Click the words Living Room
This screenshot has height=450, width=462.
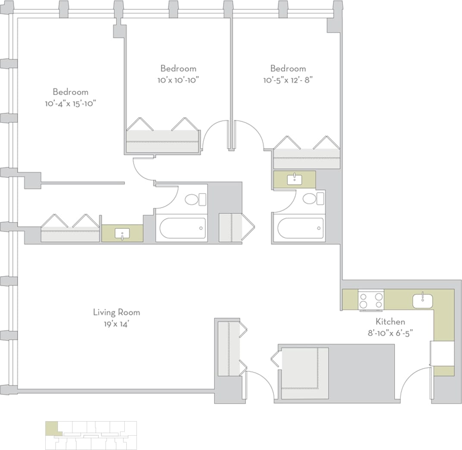click(116, 312)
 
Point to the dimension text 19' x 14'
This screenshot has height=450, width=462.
click(116, 323)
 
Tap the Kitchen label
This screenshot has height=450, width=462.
click(390, 322)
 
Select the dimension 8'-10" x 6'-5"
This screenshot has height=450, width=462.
click(390, 332)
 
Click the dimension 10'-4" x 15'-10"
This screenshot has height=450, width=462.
click(70, 103)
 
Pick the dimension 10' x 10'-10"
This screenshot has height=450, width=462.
click(178, 80)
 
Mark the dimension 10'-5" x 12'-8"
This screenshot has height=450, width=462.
click(288, 80)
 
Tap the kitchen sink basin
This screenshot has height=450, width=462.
click(422, 300)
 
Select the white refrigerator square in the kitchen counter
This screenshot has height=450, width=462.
click(443, 353)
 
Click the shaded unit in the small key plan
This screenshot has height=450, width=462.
click(52, 428)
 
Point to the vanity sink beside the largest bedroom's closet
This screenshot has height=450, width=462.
click(123, 234)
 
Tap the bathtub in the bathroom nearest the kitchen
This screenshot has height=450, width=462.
click(300, 228)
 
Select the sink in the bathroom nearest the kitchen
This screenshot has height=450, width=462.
click(295, 178)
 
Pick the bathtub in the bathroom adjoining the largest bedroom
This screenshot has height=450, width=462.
click(181, 228)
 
